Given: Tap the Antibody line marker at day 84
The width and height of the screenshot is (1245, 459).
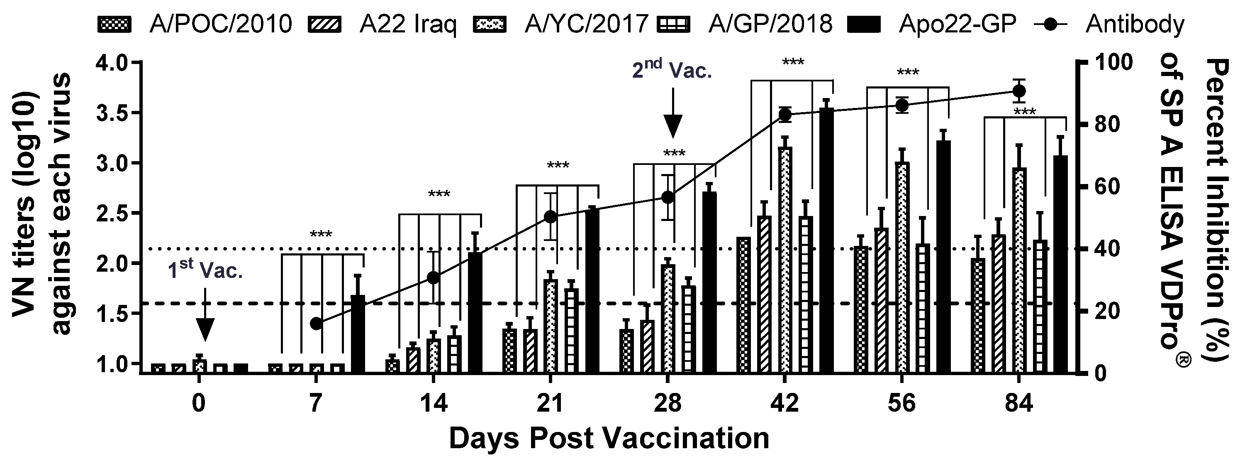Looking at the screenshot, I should (1019, 91).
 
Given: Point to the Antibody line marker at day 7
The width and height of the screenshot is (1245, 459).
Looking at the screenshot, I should (316, 324).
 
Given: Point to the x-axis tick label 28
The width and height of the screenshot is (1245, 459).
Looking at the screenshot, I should (668, 403).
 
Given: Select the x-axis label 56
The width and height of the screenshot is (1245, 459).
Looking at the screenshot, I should (902, 403).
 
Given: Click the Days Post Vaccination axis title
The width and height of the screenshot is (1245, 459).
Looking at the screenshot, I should (609, 438).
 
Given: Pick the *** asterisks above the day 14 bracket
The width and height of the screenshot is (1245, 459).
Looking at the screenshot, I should (439, 195).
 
